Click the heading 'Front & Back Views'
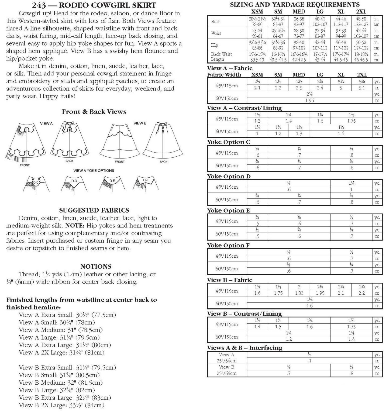(x=94, y=112)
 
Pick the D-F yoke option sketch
(x=145, y=183)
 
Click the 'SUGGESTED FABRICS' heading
(x=94, y=211)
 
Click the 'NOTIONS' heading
(x=96, y=267)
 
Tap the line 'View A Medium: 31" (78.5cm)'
(x=61, y=330)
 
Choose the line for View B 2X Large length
(x=61, y=405)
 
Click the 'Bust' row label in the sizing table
(x=215, y=22)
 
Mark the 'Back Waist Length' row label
(x=221, y=57)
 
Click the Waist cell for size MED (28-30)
(x=299, y=33)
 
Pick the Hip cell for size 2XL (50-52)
(x=361, y=45)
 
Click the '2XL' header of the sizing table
(x=361, y=12)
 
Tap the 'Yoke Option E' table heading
(x=228, y=211)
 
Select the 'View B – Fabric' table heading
(x=229, y=280)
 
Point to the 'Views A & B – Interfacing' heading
(x=244, y=348)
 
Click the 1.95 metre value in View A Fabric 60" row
(x=309, y=101)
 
